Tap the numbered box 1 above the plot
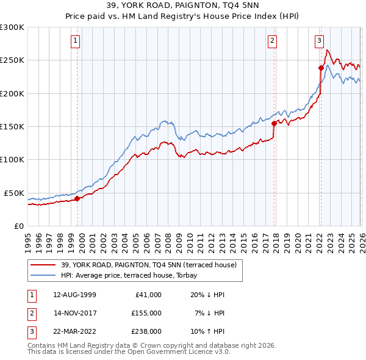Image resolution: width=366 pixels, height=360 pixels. (75, 41)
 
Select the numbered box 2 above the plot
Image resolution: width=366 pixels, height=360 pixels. (272, 41)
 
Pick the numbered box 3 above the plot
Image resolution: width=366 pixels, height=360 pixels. (319, 41)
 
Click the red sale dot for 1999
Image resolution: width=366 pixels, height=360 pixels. (77, 198)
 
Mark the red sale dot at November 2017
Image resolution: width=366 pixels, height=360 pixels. (274, 123)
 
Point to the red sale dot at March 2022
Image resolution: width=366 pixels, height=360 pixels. (321, 68)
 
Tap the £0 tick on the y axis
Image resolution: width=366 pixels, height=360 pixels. (18, 226)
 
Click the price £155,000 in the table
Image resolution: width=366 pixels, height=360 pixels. (146, 313)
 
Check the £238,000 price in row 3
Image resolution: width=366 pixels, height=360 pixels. (146, 332)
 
